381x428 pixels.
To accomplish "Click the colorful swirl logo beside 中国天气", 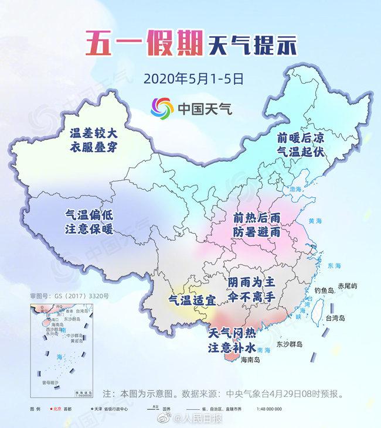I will [161, 108].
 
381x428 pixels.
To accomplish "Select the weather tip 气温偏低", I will [88, 215].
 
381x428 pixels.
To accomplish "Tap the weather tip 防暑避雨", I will [257, 232].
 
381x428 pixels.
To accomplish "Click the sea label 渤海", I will [298, 190].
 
